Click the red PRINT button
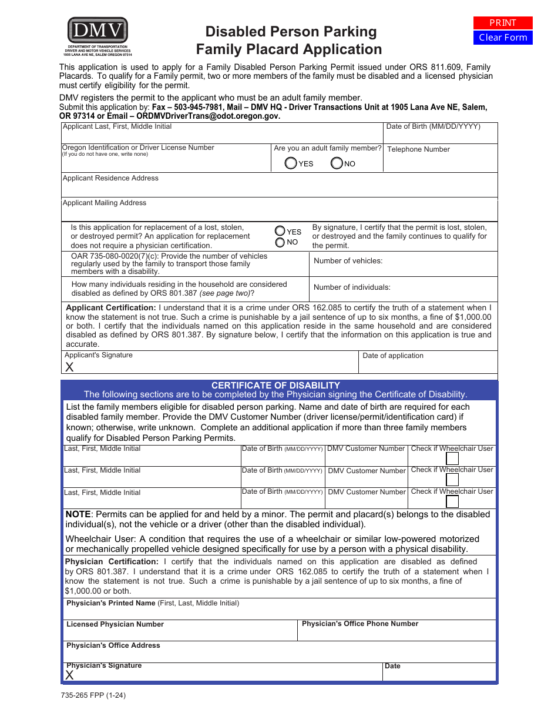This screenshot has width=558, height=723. (x=503, y=23)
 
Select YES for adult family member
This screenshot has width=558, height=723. (x=291, y=163)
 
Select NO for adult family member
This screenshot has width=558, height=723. (x=337, y=163)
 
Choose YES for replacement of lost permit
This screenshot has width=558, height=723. (x=280, y=232)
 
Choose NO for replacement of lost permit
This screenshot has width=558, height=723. (x=280, y=242)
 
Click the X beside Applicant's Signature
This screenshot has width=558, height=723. (x=69, y=367)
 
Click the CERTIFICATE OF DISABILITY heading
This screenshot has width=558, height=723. (x=275, y=386)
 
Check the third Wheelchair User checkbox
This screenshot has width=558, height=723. (x=452, y=501)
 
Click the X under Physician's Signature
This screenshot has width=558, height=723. (x=69, y=675)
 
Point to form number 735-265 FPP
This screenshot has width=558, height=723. (x=93, y=695)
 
